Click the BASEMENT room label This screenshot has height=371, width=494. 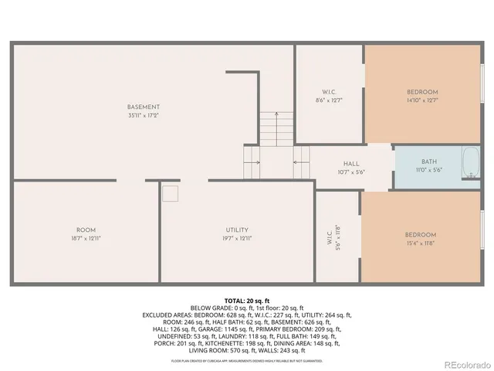144,107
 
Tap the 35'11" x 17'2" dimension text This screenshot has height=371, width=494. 144,115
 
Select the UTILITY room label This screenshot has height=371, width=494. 236,230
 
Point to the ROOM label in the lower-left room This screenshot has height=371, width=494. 86,230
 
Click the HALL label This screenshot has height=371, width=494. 351,164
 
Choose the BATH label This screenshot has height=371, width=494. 428,162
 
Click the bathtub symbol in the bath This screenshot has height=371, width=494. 470,163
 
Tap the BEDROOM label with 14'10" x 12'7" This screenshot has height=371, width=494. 422,91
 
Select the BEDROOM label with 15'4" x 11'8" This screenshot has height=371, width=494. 421,235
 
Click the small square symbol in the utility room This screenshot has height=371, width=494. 171,193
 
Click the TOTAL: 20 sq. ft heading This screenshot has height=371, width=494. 246,300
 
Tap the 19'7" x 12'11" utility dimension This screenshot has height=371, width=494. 236,239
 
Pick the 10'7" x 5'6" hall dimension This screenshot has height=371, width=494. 351,172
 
